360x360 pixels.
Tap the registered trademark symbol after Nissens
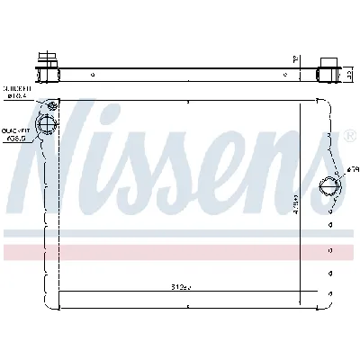click(346, 138)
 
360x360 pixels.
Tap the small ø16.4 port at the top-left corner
click(52, 103)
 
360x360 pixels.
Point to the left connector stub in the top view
click(45, 64)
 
